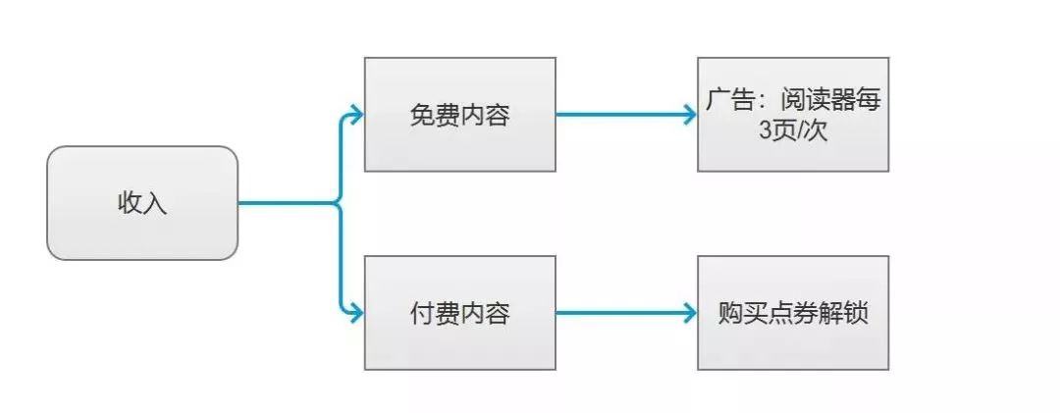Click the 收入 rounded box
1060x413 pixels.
142,203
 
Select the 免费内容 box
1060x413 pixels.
459,114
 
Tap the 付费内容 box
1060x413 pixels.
459,313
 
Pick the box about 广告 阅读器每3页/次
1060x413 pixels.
793,114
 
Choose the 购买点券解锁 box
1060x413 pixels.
793,313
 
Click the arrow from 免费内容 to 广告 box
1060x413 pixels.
624,114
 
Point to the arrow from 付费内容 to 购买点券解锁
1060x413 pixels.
624,313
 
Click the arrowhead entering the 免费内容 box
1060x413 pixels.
356,114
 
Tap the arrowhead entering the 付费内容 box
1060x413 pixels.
356,313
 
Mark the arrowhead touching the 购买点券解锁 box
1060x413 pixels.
689,313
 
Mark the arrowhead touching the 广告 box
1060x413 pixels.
689,114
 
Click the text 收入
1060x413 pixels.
142,204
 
